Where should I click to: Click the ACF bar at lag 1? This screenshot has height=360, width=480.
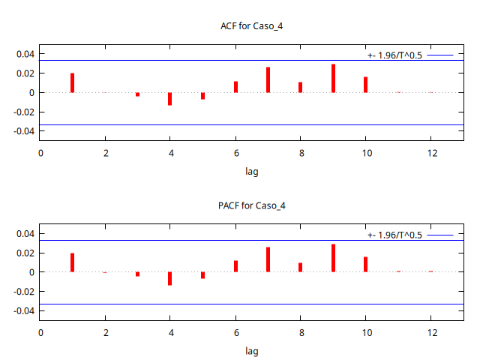pos(73,83)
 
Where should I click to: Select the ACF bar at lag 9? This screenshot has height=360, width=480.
pos(333,79)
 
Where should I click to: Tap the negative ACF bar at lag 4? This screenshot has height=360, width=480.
pos(170,99)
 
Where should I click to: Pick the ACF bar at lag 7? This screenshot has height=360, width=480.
pos(268,80)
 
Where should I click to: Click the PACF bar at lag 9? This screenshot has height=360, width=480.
pos(333,258)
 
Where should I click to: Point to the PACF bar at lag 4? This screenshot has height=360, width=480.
pos(170,278)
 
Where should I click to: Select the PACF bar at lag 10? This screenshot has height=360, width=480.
pos(366,264)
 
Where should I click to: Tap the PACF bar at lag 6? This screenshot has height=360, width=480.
pos(235,266)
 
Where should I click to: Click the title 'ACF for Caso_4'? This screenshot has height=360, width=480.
pos(252,26)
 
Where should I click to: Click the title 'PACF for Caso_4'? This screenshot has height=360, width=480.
pos(252,205)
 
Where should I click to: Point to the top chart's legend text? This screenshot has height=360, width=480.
pos(395,55)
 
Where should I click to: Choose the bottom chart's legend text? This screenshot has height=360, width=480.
pos(395,235)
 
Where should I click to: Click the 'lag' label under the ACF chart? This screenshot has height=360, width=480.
pos(252,171)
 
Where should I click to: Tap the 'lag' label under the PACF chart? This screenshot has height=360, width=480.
pos(252,350)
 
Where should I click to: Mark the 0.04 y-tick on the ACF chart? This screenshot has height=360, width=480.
pos(26,54)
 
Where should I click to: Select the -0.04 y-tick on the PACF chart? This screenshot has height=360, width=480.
pos(25,310)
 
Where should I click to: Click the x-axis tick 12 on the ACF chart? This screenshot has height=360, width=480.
pos(430,153)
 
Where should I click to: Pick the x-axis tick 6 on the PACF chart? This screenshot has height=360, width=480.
pos(235,332)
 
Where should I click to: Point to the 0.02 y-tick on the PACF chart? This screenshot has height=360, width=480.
pos(26,253)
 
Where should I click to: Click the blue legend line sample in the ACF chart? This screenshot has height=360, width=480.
pos(441,55)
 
